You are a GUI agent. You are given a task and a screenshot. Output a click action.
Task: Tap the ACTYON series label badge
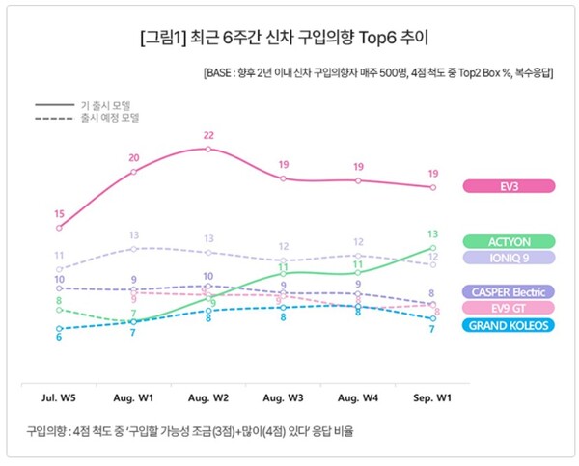(x=509, y=241)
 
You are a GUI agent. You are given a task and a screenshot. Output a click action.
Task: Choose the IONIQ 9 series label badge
(x=509, y=258)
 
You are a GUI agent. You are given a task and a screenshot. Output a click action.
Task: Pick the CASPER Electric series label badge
(x=509, y=292)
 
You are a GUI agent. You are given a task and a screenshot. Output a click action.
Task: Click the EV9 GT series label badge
(x=509, y=309)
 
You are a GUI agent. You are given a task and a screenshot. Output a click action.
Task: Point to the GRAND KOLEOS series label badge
(x=509, y=325)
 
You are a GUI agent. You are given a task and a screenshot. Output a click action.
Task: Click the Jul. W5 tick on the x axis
(x=60, y=397)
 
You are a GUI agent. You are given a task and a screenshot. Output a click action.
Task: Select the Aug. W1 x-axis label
(x=134, y=397)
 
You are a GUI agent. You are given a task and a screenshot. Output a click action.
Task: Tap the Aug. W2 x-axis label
(x=208, y=397)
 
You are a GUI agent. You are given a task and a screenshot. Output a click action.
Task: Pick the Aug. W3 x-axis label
(x=283, y=397)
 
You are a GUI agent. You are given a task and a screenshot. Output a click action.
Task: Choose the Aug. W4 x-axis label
(x=358, y=397)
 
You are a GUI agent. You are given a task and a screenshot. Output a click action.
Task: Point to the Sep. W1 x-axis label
(x=432, y=397)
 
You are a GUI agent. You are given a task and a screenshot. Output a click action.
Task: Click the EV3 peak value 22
(x=208, y=136)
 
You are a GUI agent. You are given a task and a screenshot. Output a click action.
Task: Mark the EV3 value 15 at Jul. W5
(x=60, y=213)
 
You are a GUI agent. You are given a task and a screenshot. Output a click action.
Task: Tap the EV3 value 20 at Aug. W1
(x=134, y=157)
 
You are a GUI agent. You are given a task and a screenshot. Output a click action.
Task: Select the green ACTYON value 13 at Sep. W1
(x=433, y=234)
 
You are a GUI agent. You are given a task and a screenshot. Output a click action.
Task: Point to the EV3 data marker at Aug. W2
(x=208, y=149)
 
